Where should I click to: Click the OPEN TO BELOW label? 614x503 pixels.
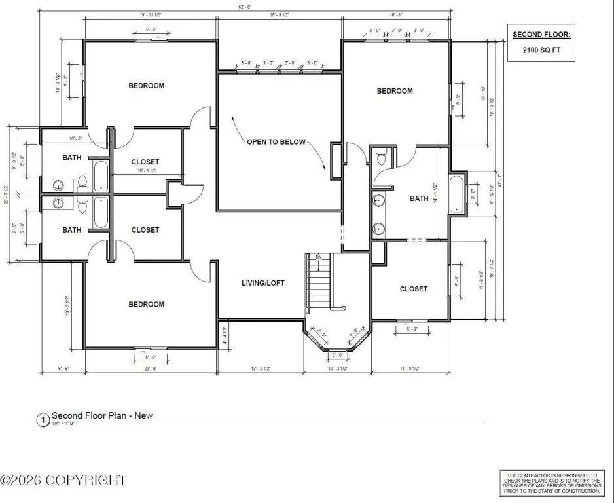pyautogui.click(x=276, y=142)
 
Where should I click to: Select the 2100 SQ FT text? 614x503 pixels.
pyautogui.click(x=541, y=49)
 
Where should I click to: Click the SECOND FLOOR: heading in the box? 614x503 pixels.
pyautogui.click(x=541, y=34)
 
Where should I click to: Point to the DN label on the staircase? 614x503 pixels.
pyautogui.click(x=319, y=257)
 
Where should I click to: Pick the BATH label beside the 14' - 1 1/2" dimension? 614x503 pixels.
pyautogui.click(x=418, y=198)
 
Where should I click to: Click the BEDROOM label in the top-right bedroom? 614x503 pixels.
pyautogui.click(x=395, y=91)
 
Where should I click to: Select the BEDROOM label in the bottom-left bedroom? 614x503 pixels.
pyautogui.click(x=146, y=304)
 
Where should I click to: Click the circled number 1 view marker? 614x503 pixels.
pyautogui.click(x=43, y=420)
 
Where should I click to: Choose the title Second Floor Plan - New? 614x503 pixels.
pyautogui.click(x=102, y=415)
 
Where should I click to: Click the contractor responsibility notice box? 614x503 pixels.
pyautogui.click(x=550, y=483)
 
